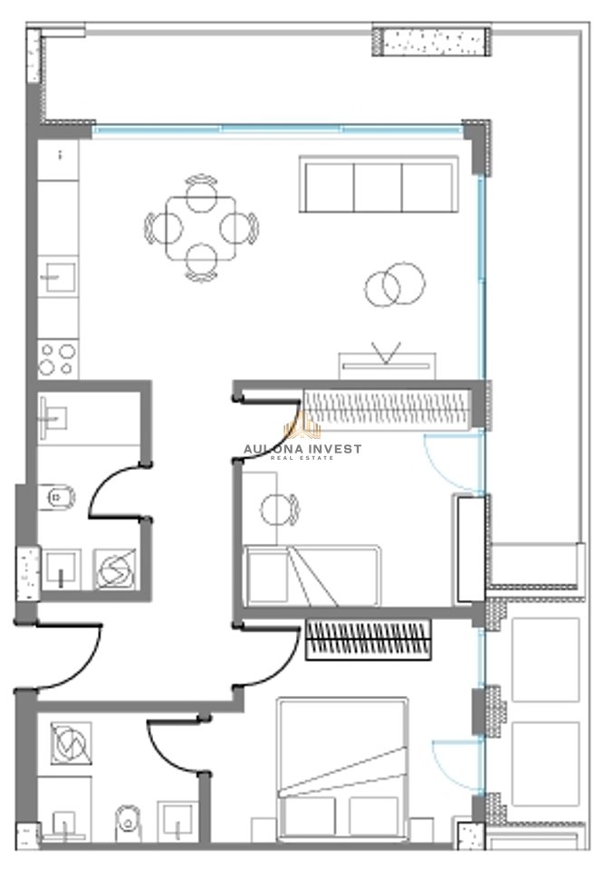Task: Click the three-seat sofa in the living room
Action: [379, 184]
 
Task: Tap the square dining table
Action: [201, 228]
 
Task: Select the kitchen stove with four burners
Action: [58, 358]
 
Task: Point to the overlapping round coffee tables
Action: [395, 284]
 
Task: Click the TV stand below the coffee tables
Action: [387, 365]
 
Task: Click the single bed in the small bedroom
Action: [312, 576]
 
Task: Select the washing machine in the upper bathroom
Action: [115, 569]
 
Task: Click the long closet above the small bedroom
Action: [387, 410]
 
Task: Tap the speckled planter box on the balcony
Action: [431, 40]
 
